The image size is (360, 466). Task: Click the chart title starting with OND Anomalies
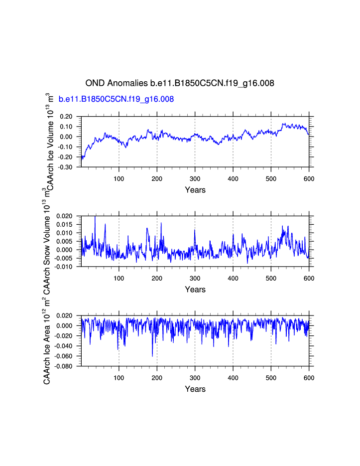(x=180, y=83)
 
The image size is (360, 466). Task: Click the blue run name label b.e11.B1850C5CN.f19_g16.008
(x=116, y=99)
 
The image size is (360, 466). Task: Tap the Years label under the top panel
(x=195, y=190)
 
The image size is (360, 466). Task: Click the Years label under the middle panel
(x=195, y=290)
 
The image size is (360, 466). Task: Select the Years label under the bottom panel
(x=195, y=389)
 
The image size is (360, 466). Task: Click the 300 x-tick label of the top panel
(x=195, y=179)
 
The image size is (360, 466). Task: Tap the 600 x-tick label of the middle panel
(x=309, y=279)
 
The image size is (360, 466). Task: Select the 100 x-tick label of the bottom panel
(x=119, y=378)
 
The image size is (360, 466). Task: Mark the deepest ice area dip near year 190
(x=152, y=356)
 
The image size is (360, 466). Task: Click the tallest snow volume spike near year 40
(x=95, y=217)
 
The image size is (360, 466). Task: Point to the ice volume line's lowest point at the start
(x=82, y=159)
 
